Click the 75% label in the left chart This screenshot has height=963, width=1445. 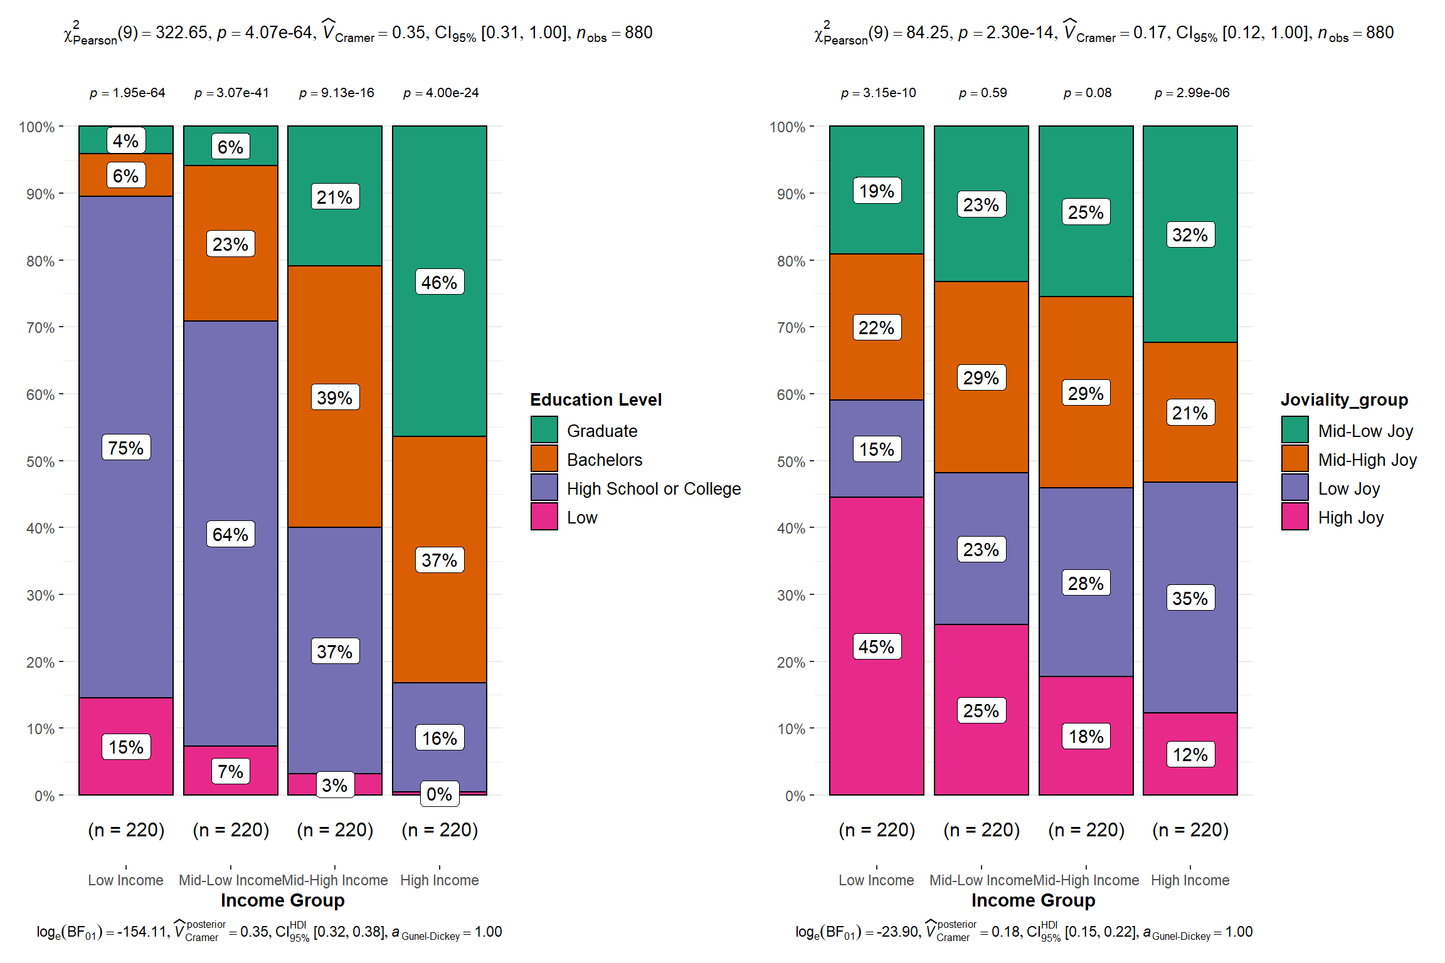(x=126, y=448)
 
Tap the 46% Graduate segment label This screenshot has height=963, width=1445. (x=439, y=282)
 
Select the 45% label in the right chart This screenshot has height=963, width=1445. (x=876, y=646)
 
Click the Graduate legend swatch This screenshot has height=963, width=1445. (x=544, y=430)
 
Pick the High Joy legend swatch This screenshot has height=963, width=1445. (x=1294, y=517)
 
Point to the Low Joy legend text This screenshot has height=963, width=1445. (x=1348, y=488)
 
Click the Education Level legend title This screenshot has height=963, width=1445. (x=595, y=399)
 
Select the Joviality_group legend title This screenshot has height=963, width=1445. (x=1344, y=399)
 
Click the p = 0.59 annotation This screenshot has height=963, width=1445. (x=982, y=93)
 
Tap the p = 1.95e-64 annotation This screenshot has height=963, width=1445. (x=127, y=93)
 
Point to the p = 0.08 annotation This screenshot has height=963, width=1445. (x=1087, y=93)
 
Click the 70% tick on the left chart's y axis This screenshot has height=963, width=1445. (x=40, y=327)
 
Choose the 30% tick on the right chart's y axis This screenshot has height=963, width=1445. (x=791, y=595)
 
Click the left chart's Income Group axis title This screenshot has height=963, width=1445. (x=282, y=900)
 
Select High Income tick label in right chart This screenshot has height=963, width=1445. (x=1190, y=880)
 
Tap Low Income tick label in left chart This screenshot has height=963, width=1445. (x=125, y=880)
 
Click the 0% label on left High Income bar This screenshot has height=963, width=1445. (x=439, y=794)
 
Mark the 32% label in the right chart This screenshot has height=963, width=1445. (x=1190, y=234)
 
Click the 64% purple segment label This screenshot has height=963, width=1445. (x=230, y=534)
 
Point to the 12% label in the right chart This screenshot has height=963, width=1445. (x=1190, y=754)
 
